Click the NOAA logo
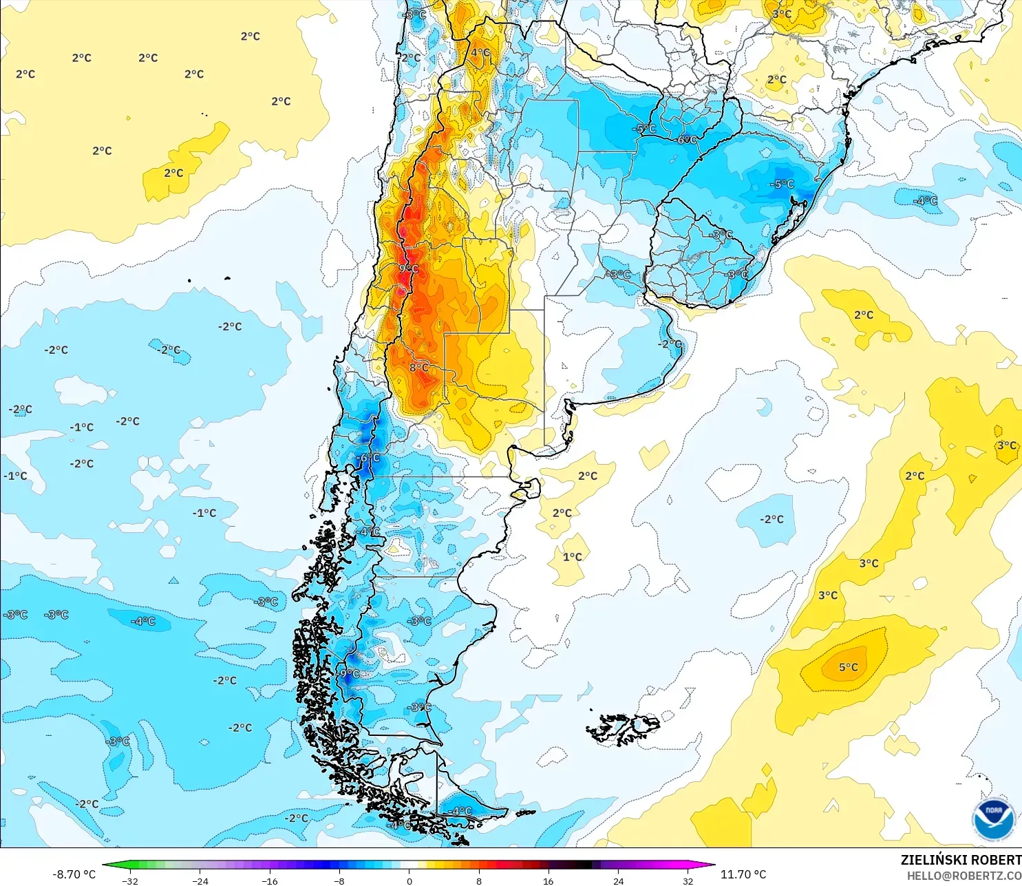(993, 820)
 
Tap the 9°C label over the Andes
(408, 268)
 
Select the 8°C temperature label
(418, 368)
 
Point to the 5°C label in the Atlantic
(848, 667)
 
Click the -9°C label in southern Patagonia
(349, 673)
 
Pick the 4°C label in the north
(480, 52)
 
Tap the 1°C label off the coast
(572, 557)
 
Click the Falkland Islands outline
(623, 729)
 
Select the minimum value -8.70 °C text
(74, 874)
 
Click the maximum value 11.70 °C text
(743, 874)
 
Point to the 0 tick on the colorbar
(409, 880)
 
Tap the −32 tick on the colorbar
(129, 880)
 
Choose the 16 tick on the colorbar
(548, 880)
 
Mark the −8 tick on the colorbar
(339, 880)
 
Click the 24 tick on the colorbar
(618, 880)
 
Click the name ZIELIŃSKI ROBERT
(961, 860)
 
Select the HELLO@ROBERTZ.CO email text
(964, 876)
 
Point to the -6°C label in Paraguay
(686, 139)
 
